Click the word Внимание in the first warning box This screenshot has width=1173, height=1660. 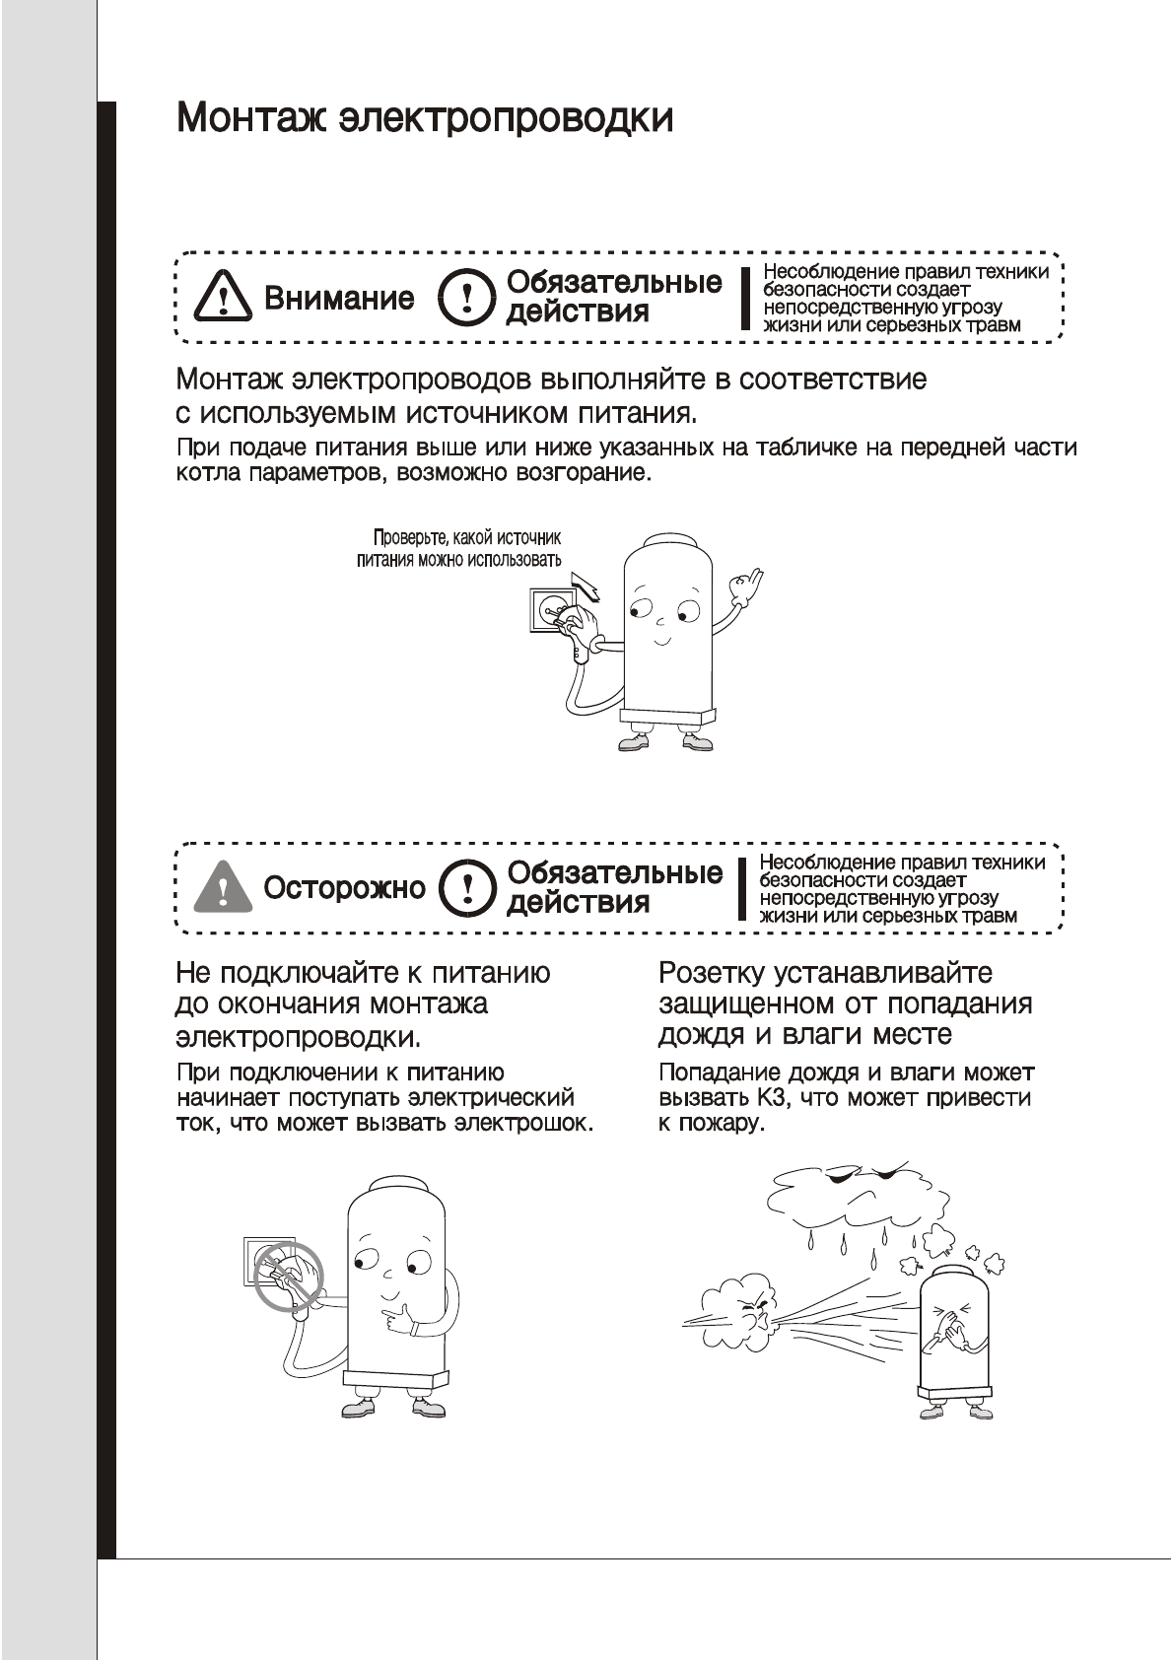pyautogui.click(x=339, y=299)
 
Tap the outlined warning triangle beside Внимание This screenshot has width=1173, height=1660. pyautogui.click(x=223, y=297)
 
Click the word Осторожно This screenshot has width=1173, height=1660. pyautogui.click(x=344, y=888)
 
